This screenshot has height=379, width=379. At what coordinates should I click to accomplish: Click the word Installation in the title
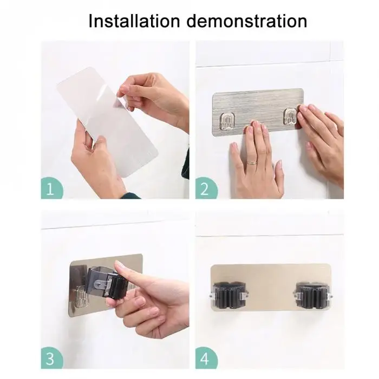coord(134,21)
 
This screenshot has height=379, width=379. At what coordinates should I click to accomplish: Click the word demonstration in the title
coord(247,21)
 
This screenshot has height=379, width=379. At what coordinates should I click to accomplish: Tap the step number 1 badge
coord(51,188)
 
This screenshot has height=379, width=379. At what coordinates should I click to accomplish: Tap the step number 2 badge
coord(206,188)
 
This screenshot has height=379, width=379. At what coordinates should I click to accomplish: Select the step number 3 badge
coord(51,358)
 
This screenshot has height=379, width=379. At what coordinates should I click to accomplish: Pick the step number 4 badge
coord(206,358)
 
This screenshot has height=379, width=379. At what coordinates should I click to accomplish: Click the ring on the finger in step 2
coord(252,163)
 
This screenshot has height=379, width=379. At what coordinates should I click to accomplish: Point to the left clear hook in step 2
coord(227,120)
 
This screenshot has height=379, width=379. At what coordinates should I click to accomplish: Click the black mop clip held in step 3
coord(106,282)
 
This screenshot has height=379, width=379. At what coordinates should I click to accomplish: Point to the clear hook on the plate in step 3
coord(81,297)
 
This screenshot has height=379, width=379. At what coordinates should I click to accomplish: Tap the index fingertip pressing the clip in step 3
coord(119,266)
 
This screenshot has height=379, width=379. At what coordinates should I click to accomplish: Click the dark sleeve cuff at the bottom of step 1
coord(130,195)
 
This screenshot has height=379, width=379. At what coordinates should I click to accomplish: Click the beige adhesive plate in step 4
coord(271,287)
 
